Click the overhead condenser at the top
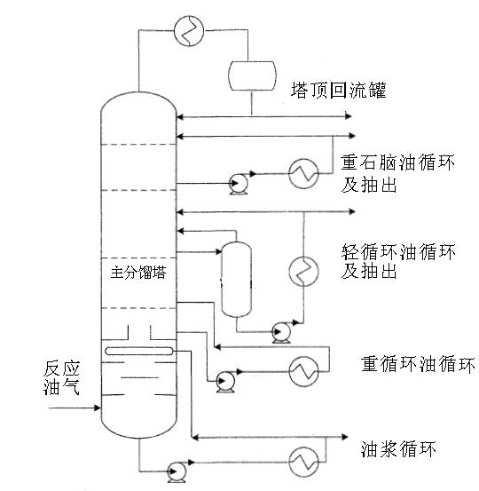190,28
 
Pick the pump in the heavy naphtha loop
236,184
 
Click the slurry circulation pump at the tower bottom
177,469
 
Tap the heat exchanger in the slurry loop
305,461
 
